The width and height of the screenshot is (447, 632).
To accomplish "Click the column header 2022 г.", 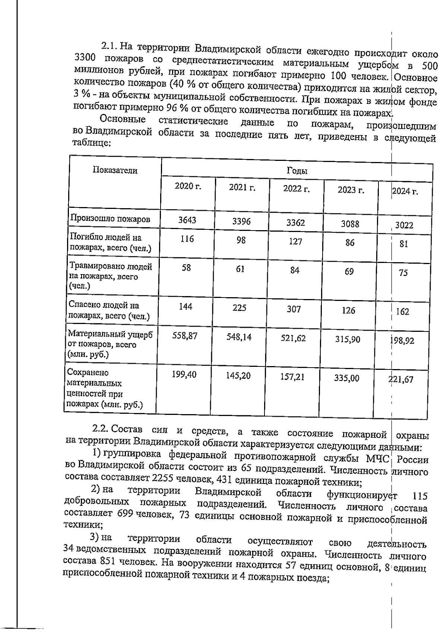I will click(x=296, y=188).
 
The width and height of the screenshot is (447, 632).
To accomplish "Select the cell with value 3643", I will click(x=187, y=220).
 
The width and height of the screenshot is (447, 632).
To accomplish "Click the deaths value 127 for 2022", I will click(x=295, y=242).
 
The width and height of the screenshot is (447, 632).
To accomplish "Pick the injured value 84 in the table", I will click(x=295, y=270).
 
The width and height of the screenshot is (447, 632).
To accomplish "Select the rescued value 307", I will click(x=294, y=309).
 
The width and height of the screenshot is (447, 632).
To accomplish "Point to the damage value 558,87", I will click(x=185, y=336).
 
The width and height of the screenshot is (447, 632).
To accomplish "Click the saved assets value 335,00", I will click(x=347, y=378).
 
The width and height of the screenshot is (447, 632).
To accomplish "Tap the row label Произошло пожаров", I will click(x=110, y=219).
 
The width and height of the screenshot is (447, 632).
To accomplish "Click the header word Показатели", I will click(x=115, y=171).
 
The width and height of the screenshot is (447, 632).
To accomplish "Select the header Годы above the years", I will click(x=297, y=171).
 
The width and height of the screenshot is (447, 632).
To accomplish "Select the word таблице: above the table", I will click(x=91, y=143).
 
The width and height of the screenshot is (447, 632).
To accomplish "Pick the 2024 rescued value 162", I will click(x=402, y=312).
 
